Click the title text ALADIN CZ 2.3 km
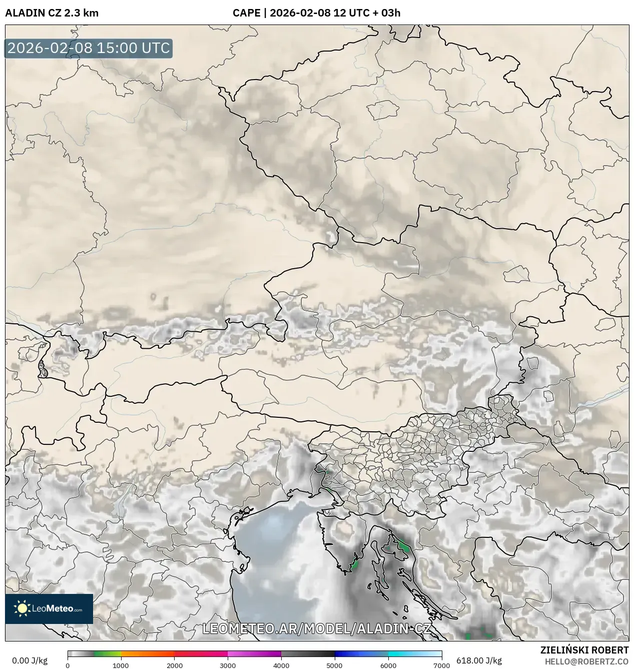coord(52,13)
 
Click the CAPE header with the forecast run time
coord(316,13)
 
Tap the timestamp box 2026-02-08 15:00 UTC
coord(89,48)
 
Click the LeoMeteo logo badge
coord(49,608)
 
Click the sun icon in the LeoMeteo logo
coord(22,608)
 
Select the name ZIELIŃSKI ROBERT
coord(584,650)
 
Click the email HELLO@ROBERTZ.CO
coord(586,661)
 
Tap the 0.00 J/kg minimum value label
coord(30,660)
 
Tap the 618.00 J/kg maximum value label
coord(472,660)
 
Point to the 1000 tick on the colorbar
coord(121,665)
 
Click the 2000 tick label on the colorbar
coord(174,665)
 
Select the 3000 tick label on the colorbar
coord(228,665)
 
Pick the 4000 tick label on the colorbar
coord(281,665)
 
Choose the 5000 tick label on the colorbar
coord(335,665)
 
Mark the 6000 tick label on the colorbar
coord(388,665)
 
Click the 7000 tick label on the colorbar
coord(441,665)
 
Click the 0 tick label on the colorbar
coord(68,665)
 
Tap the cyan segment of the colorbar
coord(405,653)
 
